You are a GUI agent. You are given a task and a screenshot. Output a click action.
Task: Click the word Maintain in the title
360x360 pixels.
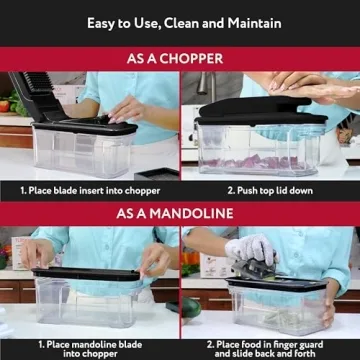pyautogui.click(x=250, y=22)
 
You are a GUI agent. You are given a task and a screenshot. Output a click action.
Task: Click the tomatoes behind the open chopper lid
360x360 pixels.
pyautogui.click(x=6, y=104)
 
